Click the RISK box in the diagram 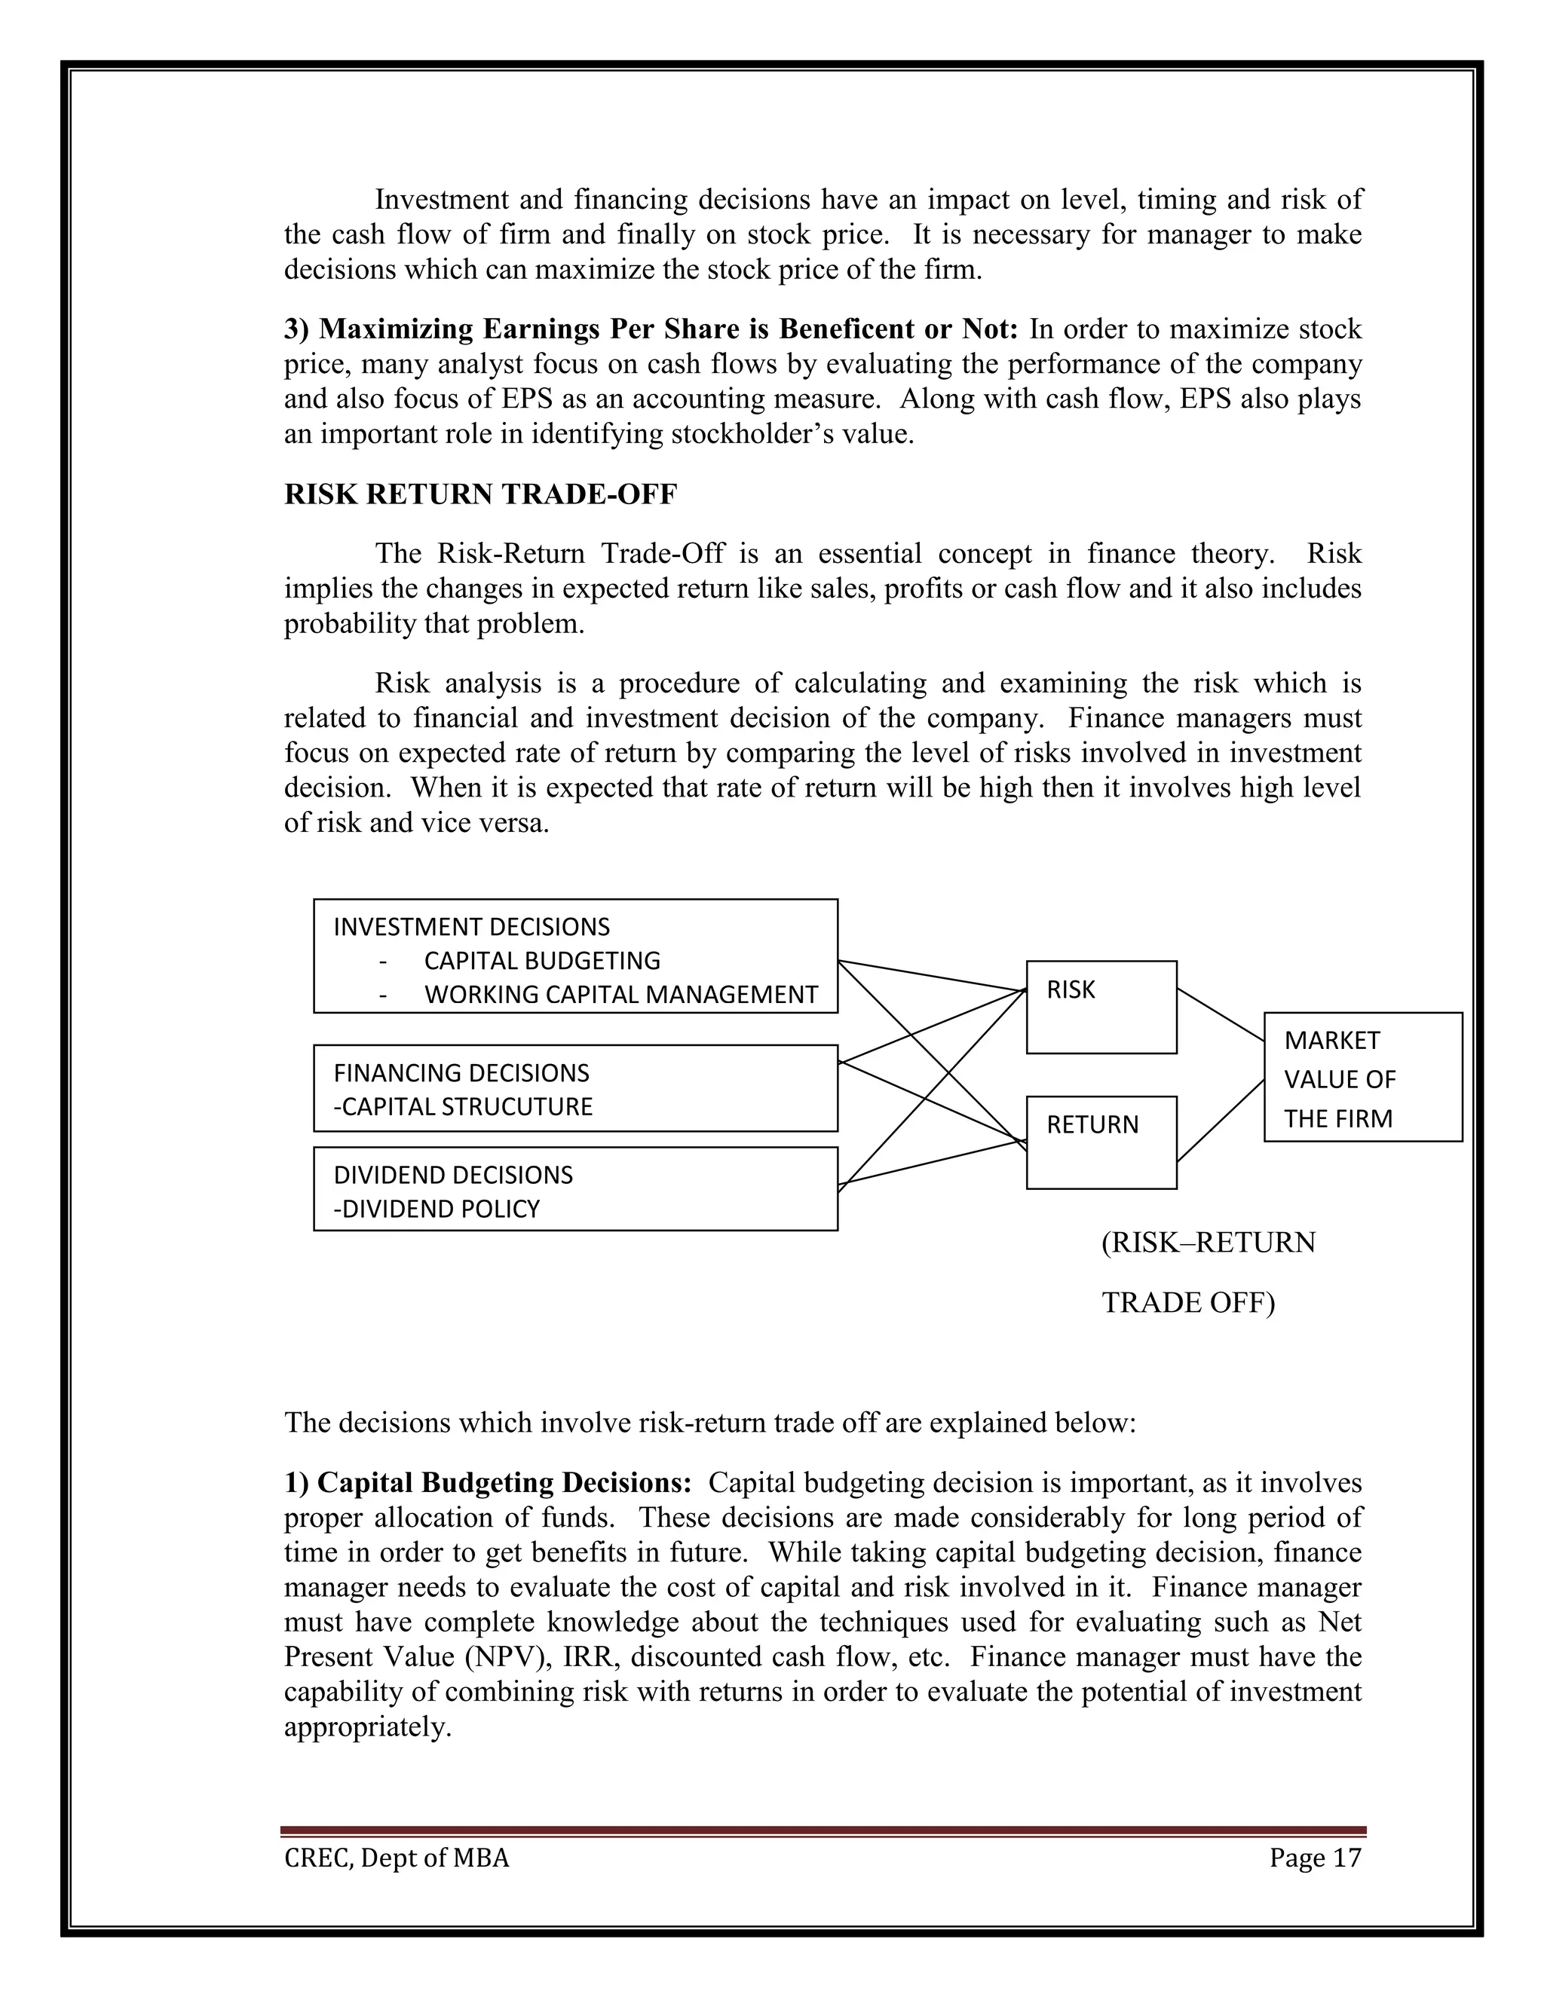coord(1101,1007)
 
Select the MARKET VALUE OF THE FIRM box coord(1362,1077)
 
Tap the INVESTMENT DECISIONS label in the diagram coord(471,927)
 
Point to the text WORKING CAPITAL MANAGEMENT coord(620,995)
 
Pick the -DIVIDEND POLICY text coord(437,1209)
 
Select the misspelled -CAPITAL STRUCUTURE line coord(463,1106)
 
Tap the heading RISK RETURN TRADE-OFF coord(480,494)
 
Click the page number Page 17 coord(1314,1858)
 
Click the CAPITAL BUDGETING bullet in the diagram coord(541,961)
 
